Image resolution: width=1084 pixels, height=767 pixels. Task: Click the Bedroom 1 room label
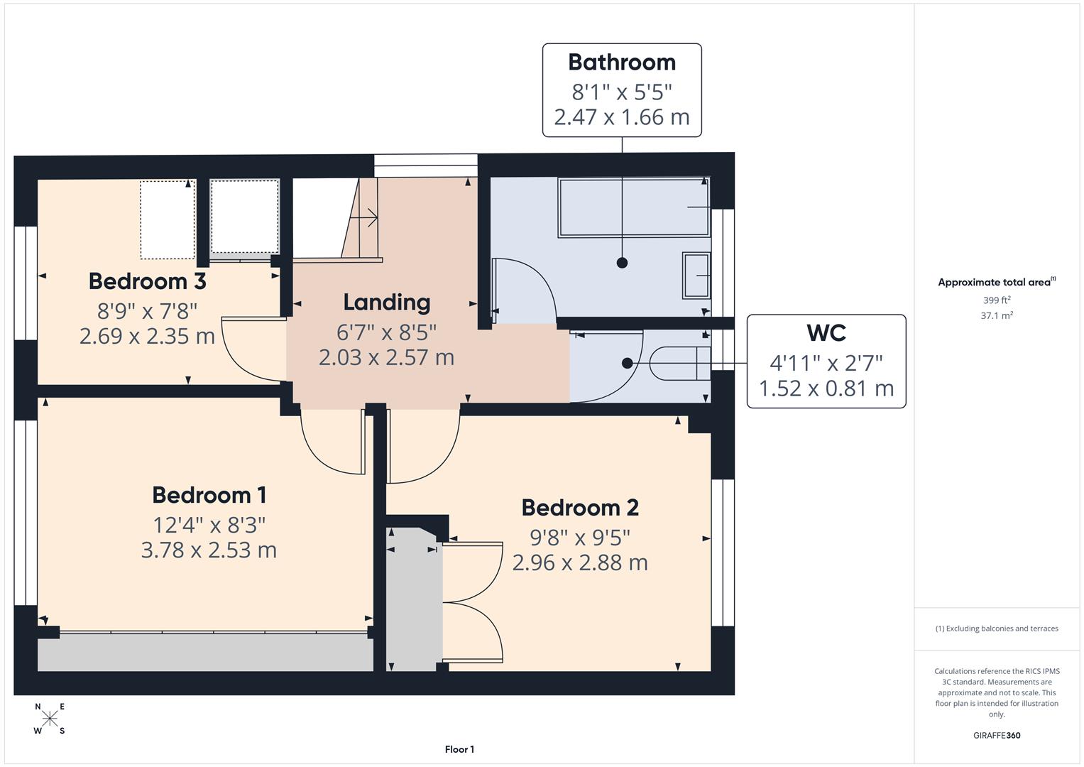tap(209, 495)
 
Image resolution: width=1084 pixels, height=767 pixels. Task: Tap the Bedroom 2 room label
tap(579, 508)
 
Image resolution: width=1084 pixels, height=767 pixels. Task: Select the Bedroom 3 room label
tap(147, 281)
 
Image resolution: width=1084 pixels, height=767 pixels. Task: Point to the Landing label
tap(386, 303)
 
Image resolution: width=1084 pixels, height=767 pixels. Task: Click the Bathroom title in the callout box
tap(621, 62)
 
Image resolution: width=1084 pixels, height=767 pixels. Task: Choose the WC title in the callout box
tap(826, 333)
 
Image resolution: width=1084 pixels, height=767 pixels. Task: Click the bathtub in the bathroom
tap(634, 207)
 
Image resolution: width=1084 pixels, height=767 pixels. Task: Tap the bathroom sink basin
tap(696, 275)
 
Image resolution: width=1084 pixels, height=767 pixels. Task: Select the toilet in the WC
tap(679, 363)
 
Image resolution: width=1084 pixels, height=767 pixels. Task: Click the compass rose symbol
tap(50, 719)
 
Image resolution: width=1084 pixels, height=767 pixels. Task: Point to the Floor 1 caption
tap(459, 749)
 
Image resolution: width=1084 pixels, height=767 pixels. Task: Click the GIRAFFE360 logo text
tap(997, 735)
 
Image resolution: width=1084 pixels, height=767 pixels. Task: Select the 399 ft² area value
tap(997, 300)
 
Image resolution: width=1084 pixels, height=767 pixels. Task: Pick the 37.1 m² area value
tap(997, 316)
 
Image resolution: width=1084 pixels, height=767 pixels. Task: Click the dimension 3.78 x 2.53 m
tap(209, 550)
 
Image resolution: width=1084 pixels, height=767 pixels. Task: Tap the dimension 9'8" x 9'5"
tap(579, 537)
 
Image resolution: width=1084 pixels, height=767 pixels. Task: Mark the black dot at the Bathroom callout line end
tap(622, 263)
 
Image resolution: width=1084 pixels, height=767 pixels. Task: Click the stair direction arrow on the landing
tap(368, 217)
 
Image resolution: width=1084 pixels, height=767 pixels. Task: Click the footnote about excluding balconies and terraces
tap(997, 629)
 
